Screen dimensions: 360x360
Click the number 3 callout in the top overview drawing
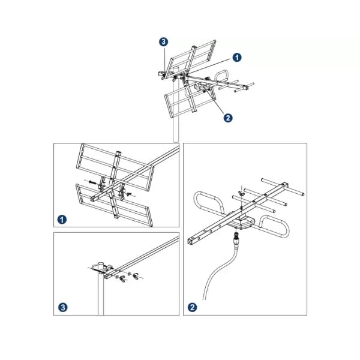pos(163,42)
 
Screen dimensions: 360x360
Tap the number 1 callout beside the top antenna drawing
pos(237,58)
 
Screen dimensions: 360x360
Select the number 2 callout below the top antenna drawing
pos(228,118)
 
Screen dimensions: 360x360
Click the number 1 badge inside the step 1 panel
pos(62,220)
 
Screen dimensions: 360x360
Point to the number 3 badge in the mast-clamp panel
pos(63,307)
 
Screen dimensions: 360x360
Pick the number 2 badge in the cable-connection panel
pos(193,307)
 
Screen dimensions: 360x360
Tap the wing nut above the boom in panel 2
pos(241,193)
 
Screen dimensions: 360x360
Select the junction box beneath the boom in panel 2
pos(241,221)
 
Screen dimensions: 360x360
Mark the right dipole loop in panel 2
pos(274,226)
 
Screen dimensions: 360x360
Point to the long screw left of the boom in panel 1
pos(92,182)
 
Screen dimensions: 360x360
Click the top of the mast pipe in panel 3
pos(101,263)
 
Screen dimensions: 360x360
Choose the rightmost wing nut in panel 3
pos(136,276)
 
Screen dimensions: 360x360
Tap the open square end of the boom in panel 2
pos(191,242)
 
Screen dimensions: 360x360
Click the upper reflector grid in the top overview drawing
pos(193,59)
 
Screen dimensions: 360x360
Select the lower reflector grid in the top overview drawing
pos(191,101)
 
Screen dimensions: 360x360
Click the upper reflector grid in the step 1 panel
pos(115,167)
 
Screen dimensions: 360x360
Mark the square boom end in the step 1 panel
pos(94,199)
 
